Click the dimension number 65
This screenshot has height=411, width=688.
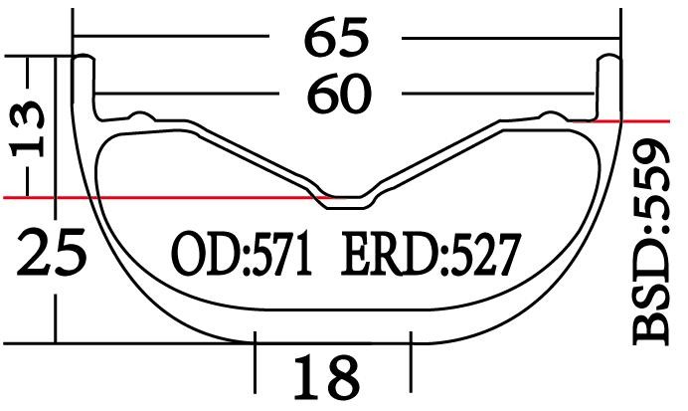tap(336, 40)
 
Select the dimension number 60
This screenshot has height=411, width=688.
tap(338, 96)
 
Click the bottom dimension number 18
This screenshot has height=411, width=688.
tap(325, 377)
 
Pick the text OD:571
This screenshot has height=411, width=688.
tap(243, 256)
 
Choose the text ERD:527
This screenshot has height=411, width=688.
tap(430, 256)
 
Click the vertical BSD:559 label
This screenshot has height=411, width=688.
tap(656, 244)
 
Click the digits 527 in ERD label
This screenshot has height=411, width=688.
tap(484, 256)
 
